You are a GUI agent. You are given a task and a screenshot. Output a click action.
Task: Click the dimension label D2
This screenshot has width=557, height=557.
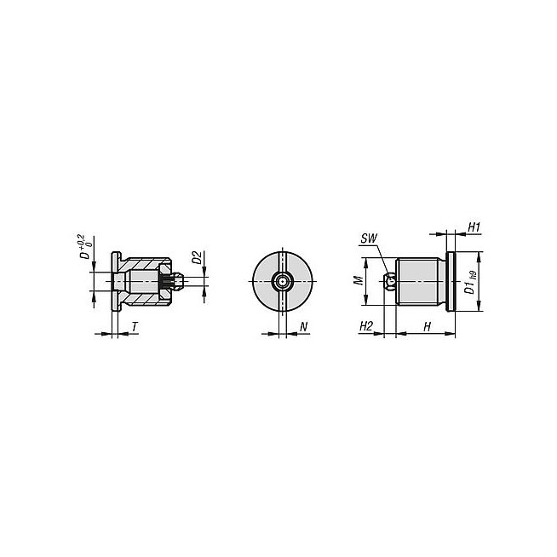[x=198, y=257]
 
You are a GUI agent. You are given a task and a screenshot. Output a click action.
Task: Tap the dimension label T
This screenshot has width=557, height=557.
[x=135, y=326]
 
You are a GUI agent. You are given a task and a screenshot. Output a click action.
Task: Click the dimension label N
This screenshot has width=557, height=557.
[x=304, y=326]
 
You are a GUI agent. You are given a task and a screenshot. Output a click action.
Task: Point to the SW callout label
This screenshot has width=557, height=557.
[x=369, y=238]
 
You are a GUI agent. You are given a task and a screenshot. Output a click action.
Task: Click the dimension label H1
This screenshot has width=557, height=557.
[x=474, y=227]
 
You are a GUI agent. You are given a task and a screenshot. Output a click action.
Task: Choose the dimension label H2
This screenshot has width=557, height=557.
[x=366, y=326]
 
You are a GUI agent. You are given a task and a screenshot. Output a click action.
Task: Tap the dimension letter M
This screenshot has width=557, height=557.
[x=359, y=281]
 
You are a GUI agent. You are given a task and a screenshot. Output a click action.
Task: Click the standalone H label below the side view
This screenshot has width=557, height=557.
[x=427, y=326]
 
